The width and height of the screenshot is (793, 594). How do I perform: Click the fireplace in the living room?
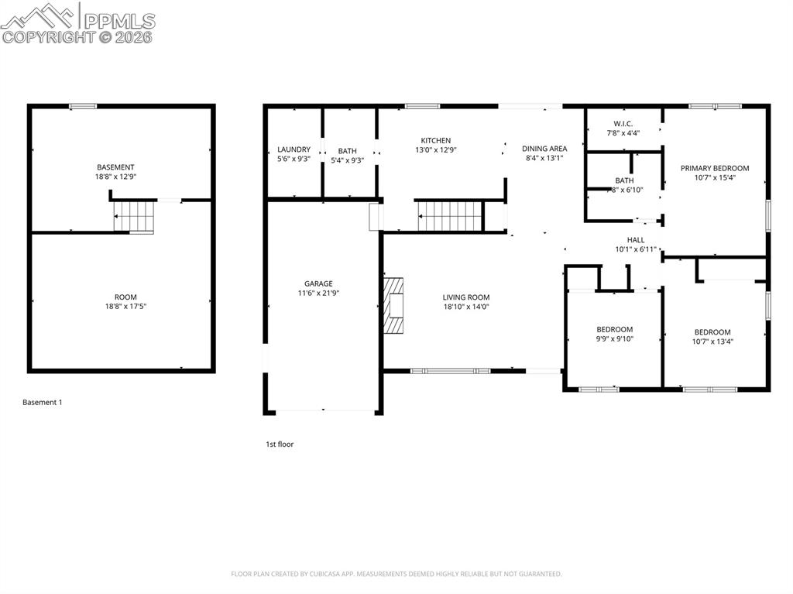click(393, 305)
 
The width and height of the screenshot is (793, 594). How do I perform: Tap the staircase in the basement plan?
click(134, 216)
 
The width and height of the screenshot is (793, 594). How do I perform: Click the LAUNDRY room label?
click(294, 150)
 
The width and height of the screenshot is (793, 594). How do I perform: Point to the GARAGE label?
click(318, 283)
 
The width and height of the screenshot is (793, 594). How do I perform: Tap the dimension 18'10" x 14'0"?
click(466, 307)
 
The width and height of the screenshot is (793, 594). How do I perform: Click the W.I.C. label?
click(623, 123)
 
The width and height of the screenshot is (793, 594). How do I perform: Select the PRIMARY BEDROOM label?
click(715, 168)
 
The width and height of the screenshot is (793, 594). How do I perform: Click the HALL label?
click(636, 240)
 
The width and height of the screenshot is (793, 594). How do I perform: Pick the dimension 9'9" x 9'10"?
click(615, 338)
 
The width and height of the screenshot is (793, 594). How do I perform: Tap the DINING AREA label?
click(544, 149)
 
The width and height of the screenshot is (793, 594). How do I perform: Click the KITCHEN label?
click(436, 140)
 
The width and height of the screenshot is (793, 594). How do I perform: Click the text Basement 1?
click(42, 403)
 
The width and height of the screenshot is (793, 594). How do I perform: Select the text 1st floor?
click(280, 445)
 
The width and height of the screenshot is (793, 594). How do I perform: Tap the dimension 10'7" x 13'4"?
click(712, 342)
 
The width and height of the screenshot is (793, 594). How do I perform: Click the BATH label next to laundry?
click(347, 152)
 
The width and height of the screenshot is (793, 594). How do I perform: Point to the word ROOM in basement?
click(125, 297)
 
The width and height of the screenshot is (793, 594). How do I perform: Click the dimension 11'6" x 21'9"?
click(318, 293)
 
